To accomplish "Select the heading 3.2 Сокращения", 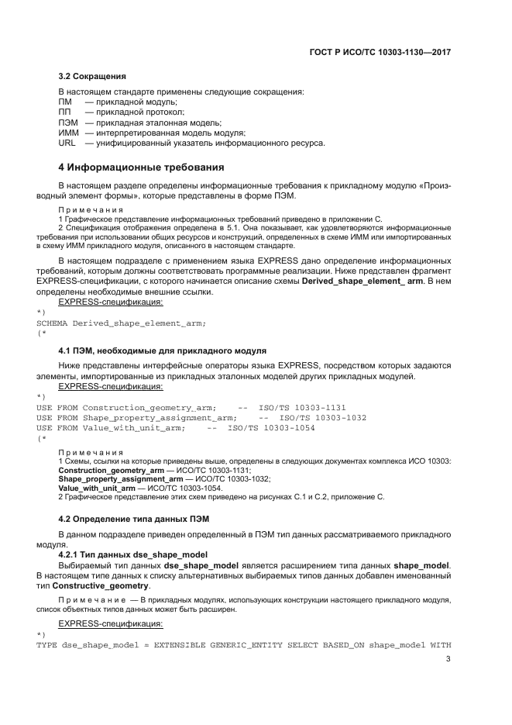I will point(92,77).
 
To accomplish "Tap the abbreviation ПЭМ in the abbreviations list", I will point(68,123).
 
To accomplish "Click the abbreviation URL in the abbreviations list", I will point(68,143).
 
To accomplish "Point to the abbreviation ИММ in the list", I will point(69,133).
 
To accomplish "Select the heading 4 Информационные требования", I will point(142,167).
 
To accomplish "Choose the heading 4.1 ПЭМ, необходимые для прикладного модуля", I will point(163,350).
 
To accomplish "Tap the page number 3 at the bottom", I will point(448,660).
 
